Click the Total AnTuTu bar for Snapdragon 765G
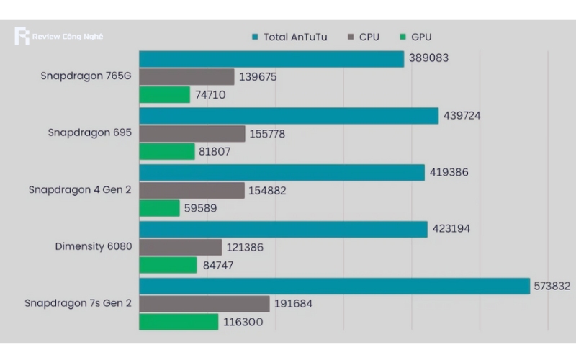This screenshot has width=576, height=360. [271, 59]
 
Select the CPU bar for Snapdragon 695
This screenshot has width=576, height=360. [192, 134]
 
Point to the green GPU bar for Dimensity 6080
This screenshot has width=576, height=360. [168, 266]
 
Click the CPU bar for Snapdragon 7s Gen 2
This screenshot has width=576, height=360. [204, 304]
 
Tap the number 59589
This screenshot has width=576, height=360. [201, 209]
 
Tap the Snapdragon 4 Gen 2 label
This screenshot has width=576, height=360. [80, 190]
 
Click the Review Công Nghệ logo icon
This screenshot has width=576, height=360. [22, 36]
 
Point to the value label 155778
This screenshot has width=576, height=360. [270, 134]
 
